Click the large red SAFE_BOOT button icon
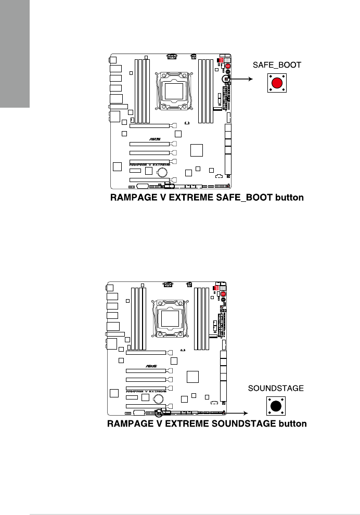tap(277, 83)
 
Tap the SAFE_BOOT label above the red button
tap(277, 66)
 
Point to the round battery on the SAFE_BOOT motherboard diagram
tap(162, 172)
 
